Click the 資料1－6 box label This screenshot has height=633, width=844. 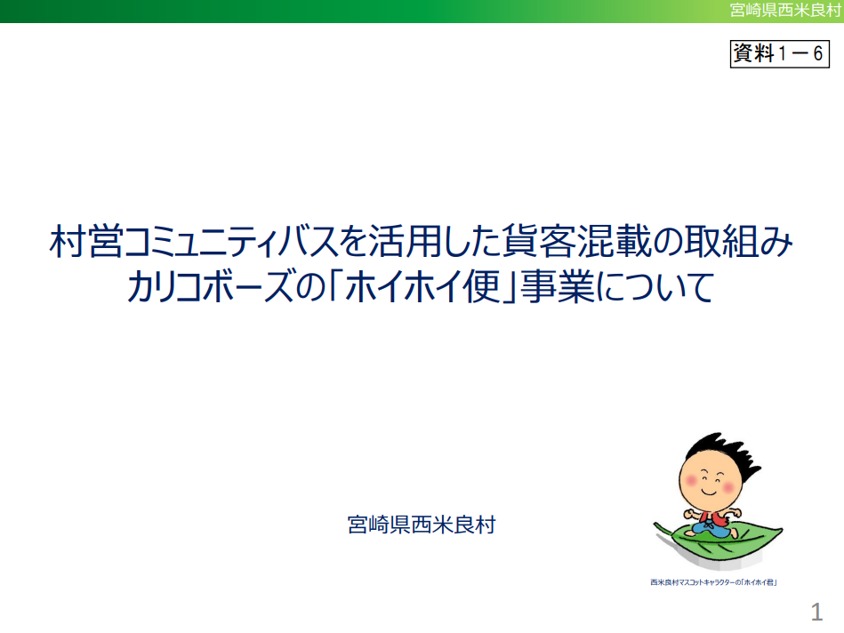point(779,54)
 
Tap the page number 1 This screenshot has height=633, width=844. point(816,612)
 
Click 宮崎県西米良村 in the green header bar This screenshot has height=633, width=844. point(785,11)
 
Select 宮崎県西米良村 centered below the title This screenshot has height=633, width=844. point(422,525)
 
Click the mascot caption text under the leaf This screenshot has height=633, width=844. point(714,582)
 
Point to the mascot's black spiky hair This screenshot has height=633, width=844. point(724,453)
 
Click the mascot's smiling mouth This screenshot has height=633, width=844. point(708,492)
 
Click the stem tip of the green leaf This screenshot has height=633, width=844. point(656,524)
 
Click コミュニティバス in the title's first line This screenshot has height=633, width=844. point(230,242)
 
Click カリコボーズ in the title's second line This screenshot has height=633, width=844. point(210,286)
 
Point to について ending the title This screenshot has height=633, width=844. point(655,286)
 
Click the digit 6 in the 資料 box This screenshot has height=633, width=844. point(817,54)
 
